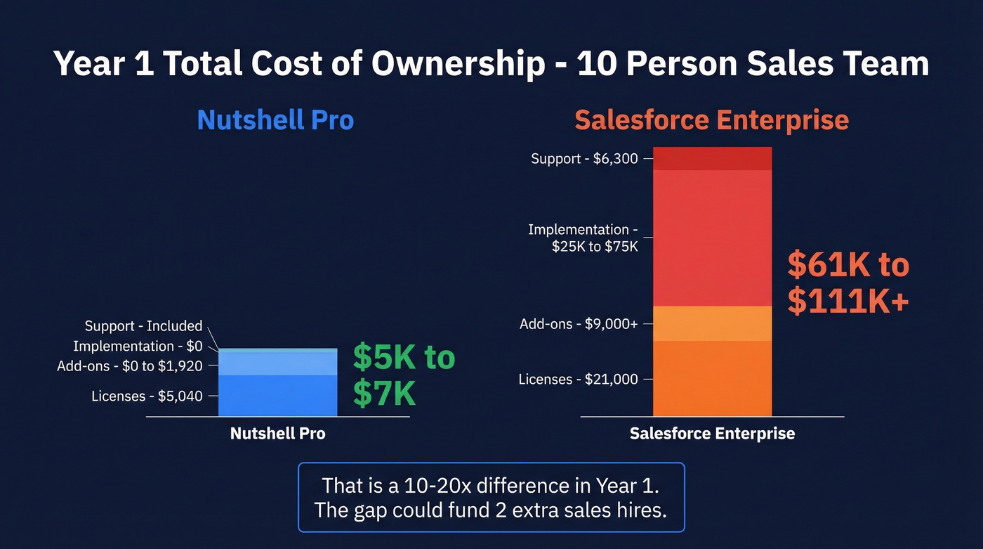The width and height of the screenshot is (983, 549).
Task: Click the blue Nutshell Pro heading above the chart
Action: [x=275, y=120]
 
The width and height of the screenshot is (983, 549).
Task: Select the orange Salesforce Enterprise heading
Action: [x=711, y=120]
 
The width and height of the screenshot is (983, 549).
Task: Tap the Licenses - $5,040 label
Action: [x=147, y=396]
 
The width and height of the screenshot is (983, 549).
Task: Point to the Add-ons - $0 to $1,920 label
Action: [x=130, y=366]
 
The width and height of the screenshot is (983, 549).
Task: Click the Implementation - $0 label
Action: [x=138, y=346]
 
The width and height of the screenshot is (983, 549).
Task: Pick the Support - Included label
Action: [x=143, y=326]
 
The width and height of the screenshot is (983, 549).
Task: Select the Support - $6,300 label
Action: [x=584, y=159]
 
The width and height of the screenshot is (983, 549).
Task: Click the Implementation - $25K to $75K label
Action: [x=583, y=238]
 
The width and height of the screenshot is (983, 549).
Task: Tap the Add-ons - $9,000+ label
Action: [x=579, y=324]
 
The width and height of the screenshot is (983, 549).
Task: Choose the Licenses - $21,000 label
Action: [x=578, y=380]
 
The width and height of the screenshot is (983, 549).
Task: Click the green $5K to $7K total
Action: [x=404, y=375]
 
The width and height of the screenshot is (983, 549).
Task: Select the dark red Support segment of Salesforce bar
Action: [x=712, y=159]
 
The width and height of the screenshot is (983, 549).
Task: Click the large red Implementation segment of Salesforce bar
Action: [x=712, y=238]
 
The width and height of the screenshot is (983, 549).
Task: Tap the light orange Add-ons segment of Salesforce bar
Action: [x=712, y=323]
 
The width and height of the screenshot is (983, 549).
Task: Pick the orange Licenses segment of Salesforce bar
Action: [x=712, y=378]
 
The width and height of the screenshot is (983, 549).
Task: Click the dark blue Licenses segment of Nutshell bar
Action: [x=278, y=396]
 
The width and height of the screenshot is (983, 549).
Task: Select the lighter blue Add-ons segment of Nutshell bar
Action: [x=278, y=363]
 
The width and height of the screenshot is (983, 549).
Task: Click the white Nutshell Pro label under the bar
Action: [x=278, y=434]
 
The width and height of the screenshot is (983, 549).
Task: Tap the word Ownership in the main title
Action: [x=458, y=64]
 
